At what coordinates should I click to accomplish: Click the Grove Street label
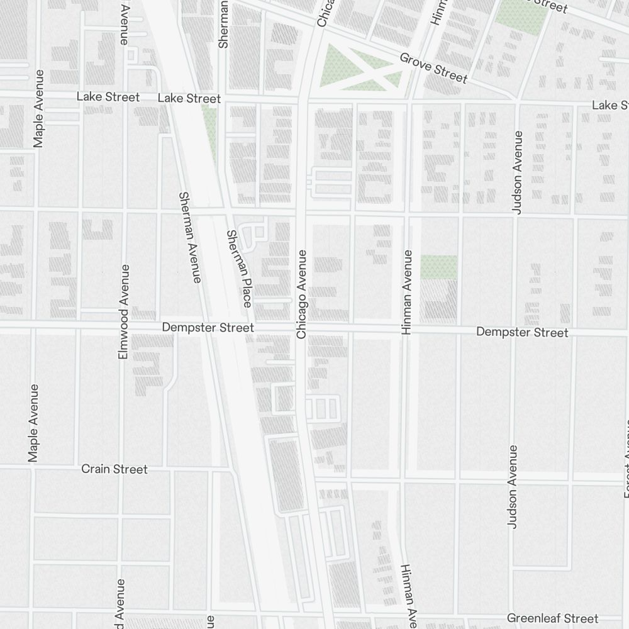(x=433, y=68)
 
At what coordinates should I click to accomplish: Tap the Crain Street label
(x=114, y=469)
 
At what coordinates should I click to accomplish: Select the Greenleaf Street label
(x=552, y=618)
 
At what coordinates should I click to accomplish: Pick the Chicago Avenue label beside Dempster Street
(x=301, y=294)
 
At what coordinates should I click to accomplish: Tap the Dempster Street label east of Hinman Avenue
(x=522, y=332)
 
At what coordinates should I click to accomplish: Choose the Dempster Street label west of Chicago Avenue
(x=208, y=328)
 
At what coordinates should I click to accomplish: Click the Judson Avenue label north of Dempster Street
(x=518, y=172)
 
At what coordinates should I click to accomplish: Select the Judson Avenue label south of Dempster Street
(x=512, y=487)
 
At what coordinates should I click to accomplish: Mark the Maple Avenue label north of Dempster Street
(x=39, y=108)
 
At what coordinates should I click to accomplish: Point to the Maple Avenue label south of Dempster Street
(x=34, y=423)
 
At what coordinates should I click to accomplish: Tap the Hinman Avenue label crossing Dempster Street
(x=407, y=292)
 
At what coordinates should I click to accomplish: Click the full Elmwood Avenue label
(x=124, y=312)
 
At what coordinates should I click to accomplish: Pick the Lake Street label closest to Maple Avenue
(x=108, y=97)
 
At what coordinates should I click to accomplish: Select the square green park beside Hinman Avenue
(x=438, y=267)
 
